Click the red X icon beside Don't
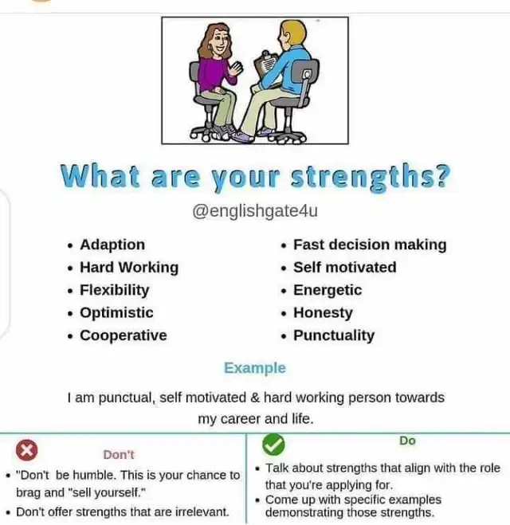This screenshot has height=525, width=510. pos(27,450)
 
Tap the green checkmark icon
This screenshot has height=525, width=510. pos(273,445)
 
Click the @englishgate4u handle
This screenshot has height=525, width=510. pos(255,211)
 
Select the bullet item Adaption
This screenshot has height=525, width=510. pos(112,245)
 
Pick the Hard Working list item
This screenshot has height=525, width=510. pos(129,268)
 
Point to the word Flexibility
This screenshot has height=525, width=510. pos(114,290)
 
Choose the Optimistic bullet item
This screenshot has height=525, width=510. pos(116,313)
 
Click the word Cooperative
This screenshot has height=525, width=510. pos(124,335)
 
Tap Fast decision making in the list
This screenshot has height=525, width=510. pos(370,245)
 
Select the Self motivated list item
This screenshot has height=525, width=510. pos(344,267)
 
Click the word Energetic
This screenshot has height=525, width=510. pos(328,290)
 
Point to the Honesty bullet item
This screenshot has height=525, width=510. pos(323,313)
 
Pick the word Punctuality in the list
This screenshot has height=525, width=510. pos(334,335)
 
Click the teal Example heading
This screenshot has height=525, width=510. pos(255,368)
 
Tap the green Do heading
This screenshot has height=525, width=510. pos(407,441)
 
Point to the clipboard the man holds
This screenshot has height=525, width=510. pos(265,64)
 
